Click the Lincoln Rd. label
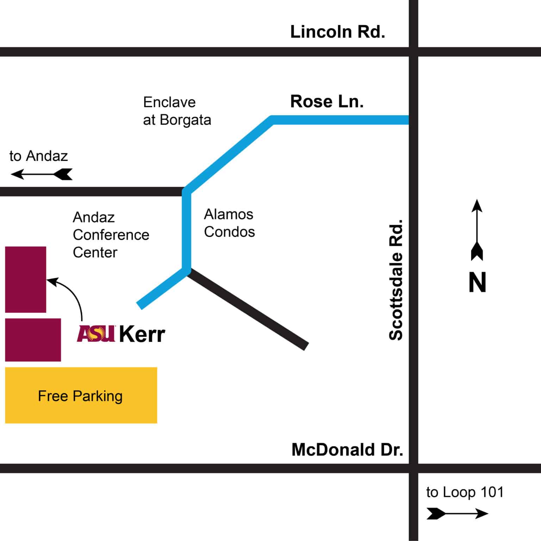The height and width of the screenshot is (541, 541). [337, 32]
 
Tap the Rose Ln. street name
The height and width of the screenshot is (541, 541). [327, 102]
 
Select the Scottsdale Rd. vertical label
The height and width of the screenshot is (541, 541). [396, 280]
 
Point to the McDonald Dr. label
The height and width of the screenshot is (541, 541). [347, 450]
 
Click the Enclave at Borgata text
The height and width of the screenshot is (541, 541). [177, 111]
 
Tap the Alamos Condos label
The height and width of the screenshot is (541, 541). [229, 223]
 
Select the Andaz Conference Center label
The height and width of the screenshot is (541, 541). [111, 235]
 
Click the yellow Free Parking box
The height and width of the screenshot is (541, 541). [81, 395]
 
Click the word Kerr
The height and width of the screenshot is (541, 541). [142, 334]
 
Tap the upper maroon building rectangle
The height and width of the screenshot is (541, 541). [25, 279]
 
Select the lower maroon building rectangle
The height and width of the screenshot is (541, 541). [33, 340]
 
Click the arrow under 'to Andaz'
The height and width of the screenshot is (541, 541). [42, 174]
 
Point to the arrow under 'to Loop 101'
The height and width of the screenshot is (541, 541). [457, 514]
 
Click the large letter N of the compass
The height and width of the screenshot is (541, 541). [477, 282]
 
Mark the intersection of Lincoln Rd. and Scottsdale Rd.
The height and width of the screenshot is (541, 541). [413, 52]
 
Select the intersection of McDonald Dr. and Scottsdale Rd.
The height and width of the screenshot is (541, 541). [413, 468]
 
